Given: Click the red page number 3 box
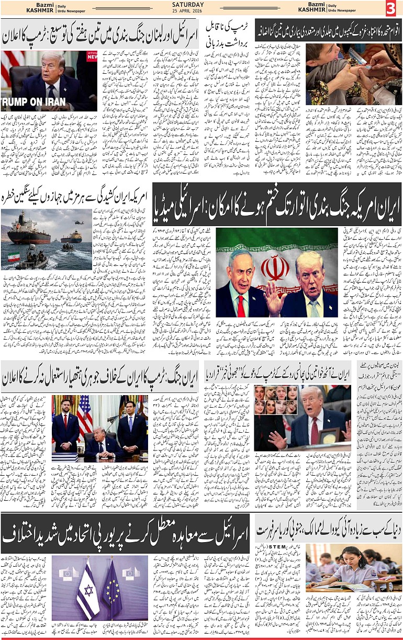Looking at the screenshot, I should click(391, 8).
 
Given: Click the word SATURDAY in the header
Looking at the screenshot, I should click(188, 5).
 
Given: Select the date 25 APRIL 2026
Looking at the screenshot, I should click(188, 12).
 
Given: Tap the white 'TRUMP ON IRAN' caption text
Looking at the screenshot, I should click(33, 102).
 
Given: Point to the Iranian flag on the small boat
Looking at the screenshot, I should click(14, 257).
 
